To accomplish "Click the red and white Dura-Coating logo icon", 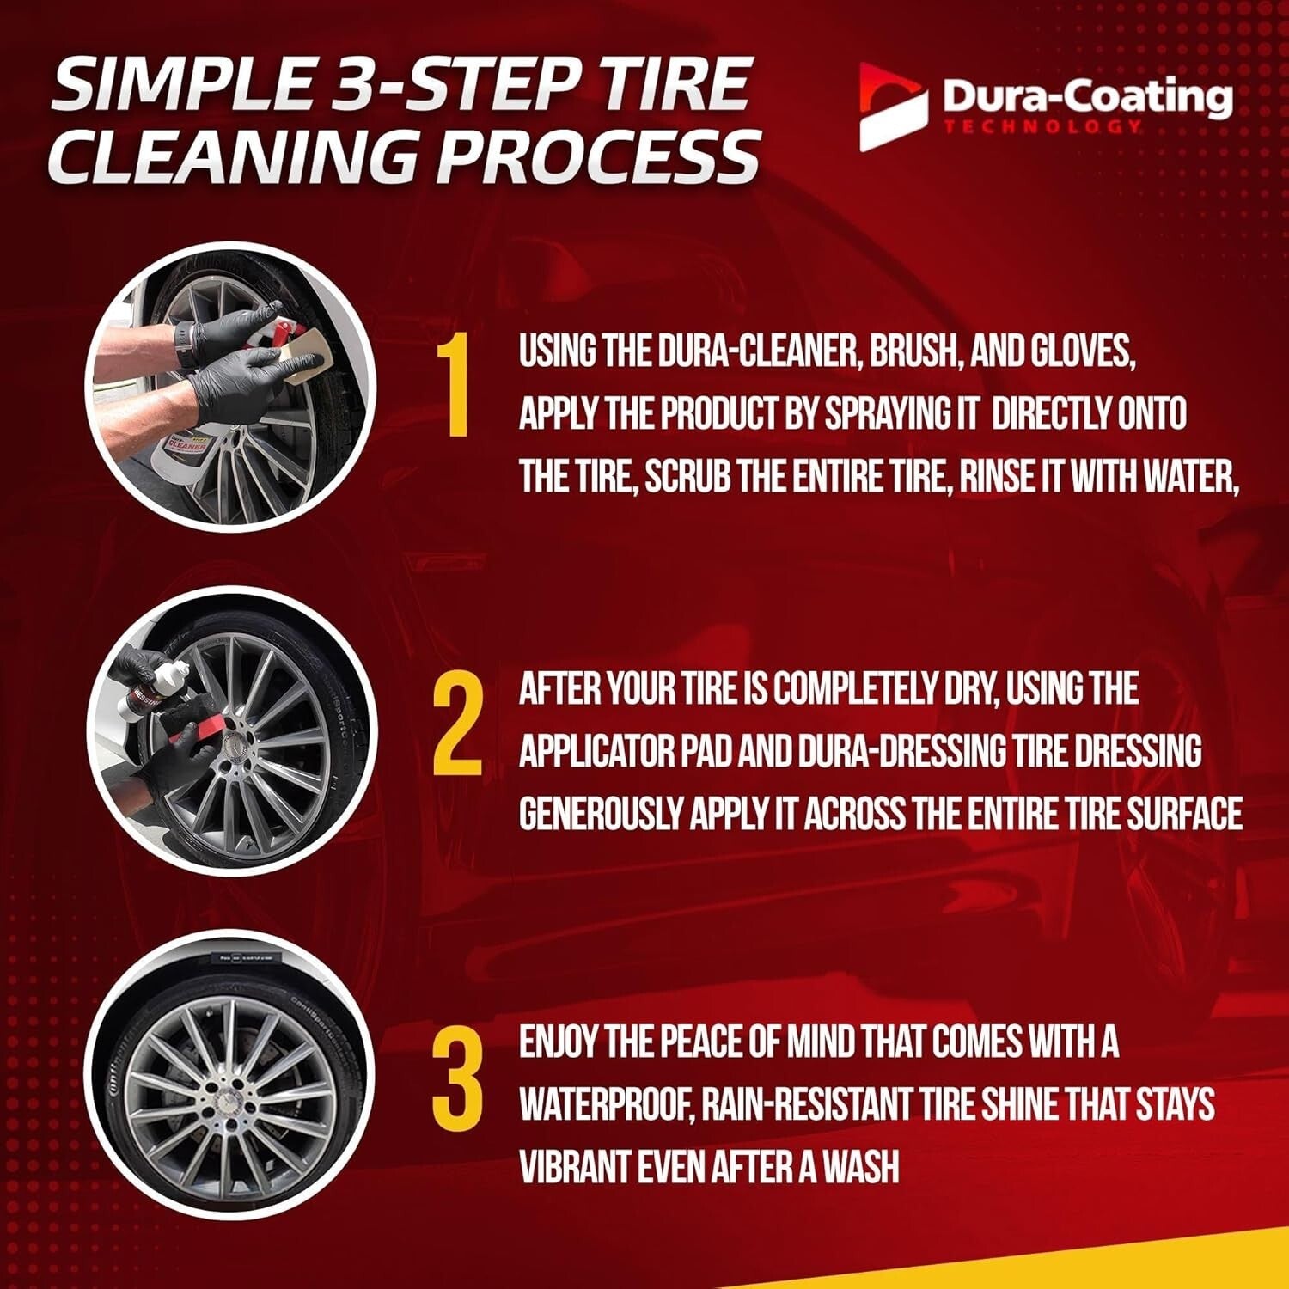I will (893, 107).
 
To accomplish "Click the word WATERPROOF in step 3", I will (606, 1104).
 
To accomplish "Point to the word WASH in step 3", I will (862, 1166).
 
